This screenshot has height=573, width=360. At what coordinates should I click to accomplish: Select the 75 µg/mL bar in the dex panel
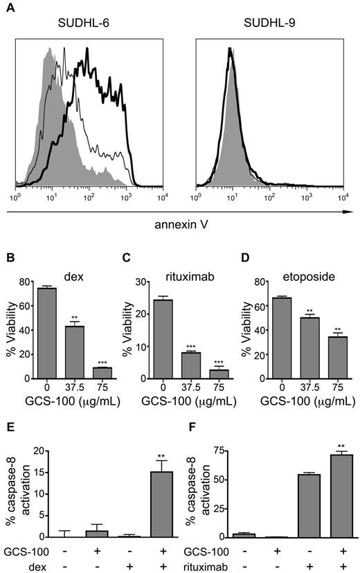point(102,373)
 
